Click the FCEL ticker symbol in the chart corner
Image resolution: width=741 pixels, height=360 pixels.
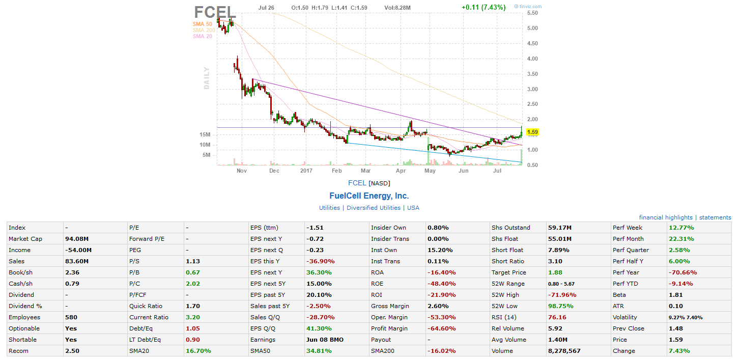(x=215, y=12)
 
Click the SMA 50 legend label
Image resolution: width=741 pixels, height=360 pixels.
(x=202, y=24)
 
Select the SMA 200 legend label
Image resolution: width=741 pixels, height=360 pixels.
(x=204, y=30)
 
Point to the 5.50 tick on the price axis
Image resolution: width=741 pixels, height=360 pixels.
(x=532, y=13)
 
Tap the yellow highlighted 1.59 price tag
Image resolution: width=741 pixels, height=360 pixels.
(x=532, y=132)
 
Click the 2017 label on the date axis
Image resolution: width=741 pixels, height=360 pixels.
(x=306, y=171)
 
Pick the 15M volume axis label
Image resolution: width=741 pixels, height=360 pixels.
(x=205, y=135)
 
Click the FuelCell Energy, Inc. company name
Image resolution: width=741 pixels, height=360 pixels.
(x=369, y=196)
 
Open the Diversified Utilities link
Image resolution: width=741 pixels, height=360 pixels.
(x=373, y=208)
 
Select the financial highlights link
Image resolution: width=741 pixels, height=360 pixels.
(x=666, y=217)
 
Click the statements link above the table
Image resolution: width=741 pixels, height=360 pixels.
(x=715, y=217)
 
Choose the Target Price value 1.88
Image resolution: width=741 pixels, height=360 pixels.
(x=555, y=272)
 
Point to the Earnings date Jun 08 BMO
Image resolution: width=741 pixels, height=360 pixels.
(x=325, y=340)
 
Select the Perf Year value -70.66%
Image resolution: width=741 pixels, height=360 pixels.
(x=682, y=272)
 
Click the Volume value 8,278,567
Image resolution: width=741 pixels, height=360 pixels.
(x=564, y=351)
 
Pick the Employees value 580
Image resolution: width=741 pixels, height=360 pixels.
(x=71, y=317)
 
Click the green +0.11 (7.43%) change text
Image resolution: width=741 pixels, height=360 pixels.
(x=483, y=8)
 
